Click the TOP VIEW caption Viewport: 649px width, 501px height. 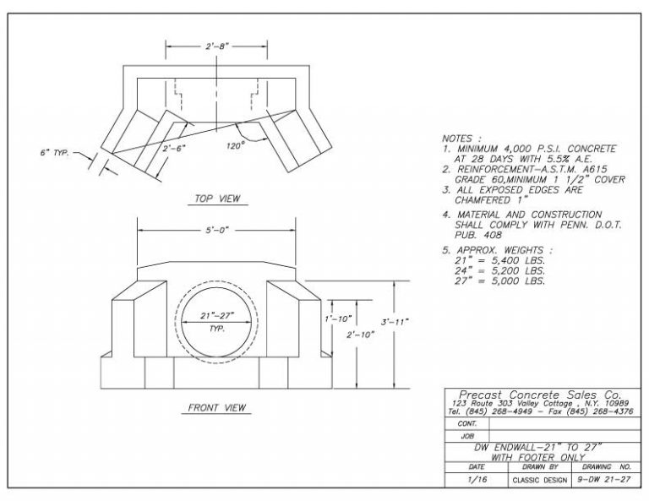point(217,199)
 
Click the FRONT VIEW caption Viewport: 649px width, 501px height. point(217,408)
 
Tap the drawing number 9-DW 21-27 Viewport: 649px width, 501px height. point(603,479)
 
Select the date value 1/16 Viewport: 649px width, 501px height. point(476,479)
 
